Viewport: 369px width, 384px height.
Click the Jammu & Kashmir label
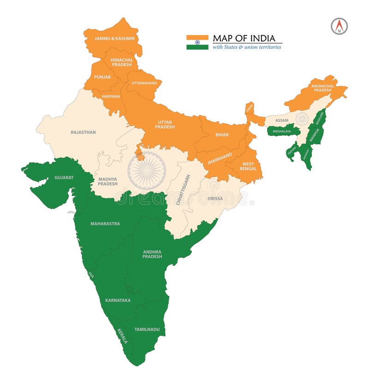click(114, 39)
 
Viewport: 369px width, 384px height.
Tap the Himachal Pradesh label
click(122, 62)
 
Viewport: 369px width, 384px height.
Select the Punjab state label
click(102, 77)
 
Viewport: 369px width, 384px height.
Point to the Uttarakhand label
click(144, 83)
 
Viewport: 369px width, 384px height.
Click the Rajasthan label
click(83, 132)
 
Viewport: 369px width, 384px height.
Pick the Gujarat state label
click(64, 177)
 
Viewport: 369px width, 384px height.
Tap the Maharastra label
click(105, 224)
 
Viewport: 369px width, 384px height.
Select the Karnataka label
click(118, 301)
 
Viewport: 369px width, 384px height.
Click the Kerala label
click(122, 335)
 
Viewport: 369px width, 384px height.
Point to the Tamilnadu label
click(147, 330)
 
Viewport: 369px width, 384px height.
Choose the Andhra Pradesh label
click(152, 254)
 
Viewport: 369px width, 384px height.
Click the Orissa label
click(215, 199)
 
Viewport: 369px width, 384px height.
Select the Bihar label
click(222, 135)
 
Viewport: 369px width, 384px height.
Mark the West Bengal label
click(248, 166)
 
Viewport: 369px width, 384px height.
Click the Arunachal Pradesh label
click(322, 88)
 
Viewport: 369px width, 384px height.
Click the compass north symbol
click(339, 26)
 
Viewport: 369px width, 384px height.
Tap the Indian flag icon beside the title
click(197, 42)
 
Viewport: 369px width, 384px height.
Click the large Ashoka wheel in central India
click(146, 171)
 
